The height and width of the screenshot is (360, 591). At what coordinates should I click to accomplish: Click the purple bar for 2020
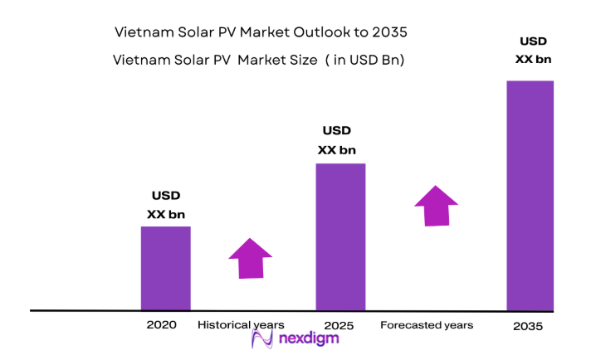[165, 268]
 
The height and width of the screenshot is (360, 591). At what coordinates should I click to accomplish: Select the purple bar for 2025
[340, 236]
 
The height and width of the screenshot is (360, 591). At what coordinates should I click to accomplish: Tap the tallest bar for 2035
[530, 195]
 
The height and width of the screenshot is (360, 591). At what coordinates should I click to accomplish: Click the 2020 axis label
[161, 325]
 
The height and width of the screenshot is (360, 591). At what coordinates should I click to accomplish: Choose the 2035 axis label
[527, 327]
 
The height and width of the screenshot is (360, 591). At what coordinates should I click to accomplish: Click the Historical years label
[241, 324]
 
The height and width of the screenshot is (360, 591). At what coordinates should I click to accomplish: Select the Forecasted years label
[427, 325]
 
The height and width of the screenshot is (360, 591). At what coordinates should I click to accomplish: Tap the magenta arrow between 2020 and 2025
[250, 258]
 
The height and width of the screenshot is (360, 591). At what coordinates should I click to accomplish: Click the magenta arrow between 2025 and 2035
[436, 206]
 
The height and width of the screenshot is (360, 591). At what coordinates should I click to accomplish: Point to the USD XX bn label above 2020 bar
[165, 205]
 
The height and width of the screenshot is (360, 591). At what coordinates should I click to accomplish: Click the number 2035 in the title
[390, 32]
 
